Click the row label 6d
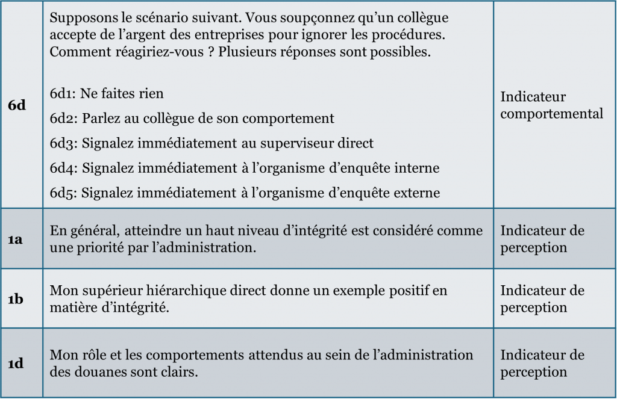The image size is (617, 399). tap(17, 105)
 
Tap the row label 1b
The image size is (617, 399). tap(16, 299)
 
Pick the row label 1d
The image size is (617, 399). tap(16, 363)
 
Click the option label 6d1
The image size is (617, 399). tap(63, 94)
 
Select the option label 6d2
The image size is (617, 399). tap(64, 119)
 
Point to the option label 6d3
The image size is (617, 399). tap(64, 143)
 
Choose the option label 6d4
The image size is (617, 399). tap(64, 168)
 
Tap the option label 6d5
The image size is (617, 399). tap(64, 193)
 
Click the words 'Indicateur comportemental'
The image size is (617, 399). tap(551, 105)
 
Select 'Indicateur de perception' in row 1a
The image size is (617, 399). tap(542, 239)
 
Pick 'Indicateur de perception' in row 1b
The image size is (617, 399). tap(542, 299)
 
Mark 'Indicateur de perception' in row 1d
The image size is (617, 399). tap(542, 363)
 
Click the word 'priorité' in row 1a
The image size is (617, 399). tap(99, 247)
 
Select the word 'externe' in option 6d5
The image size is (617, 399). tap(418, 193)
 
